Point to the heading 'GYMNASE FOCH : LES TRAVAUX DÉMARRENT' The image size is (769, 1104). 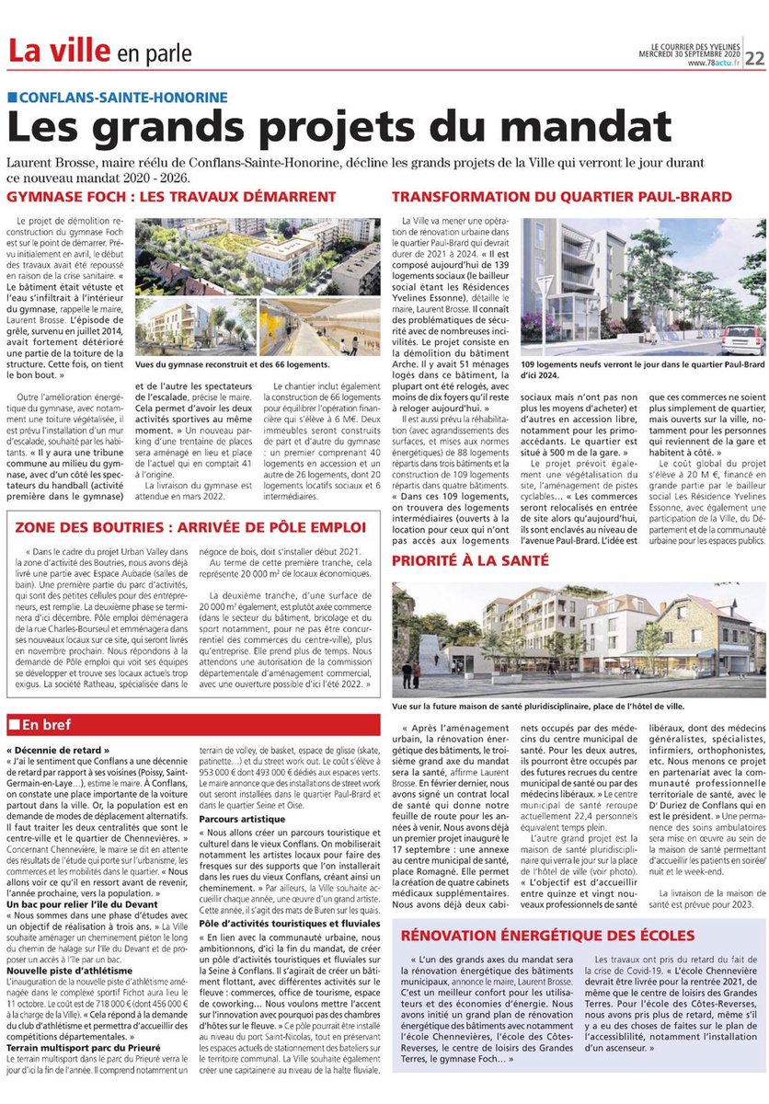171,197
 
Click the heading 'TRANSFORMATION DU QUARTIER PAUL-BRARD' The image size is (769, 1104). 562,197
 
